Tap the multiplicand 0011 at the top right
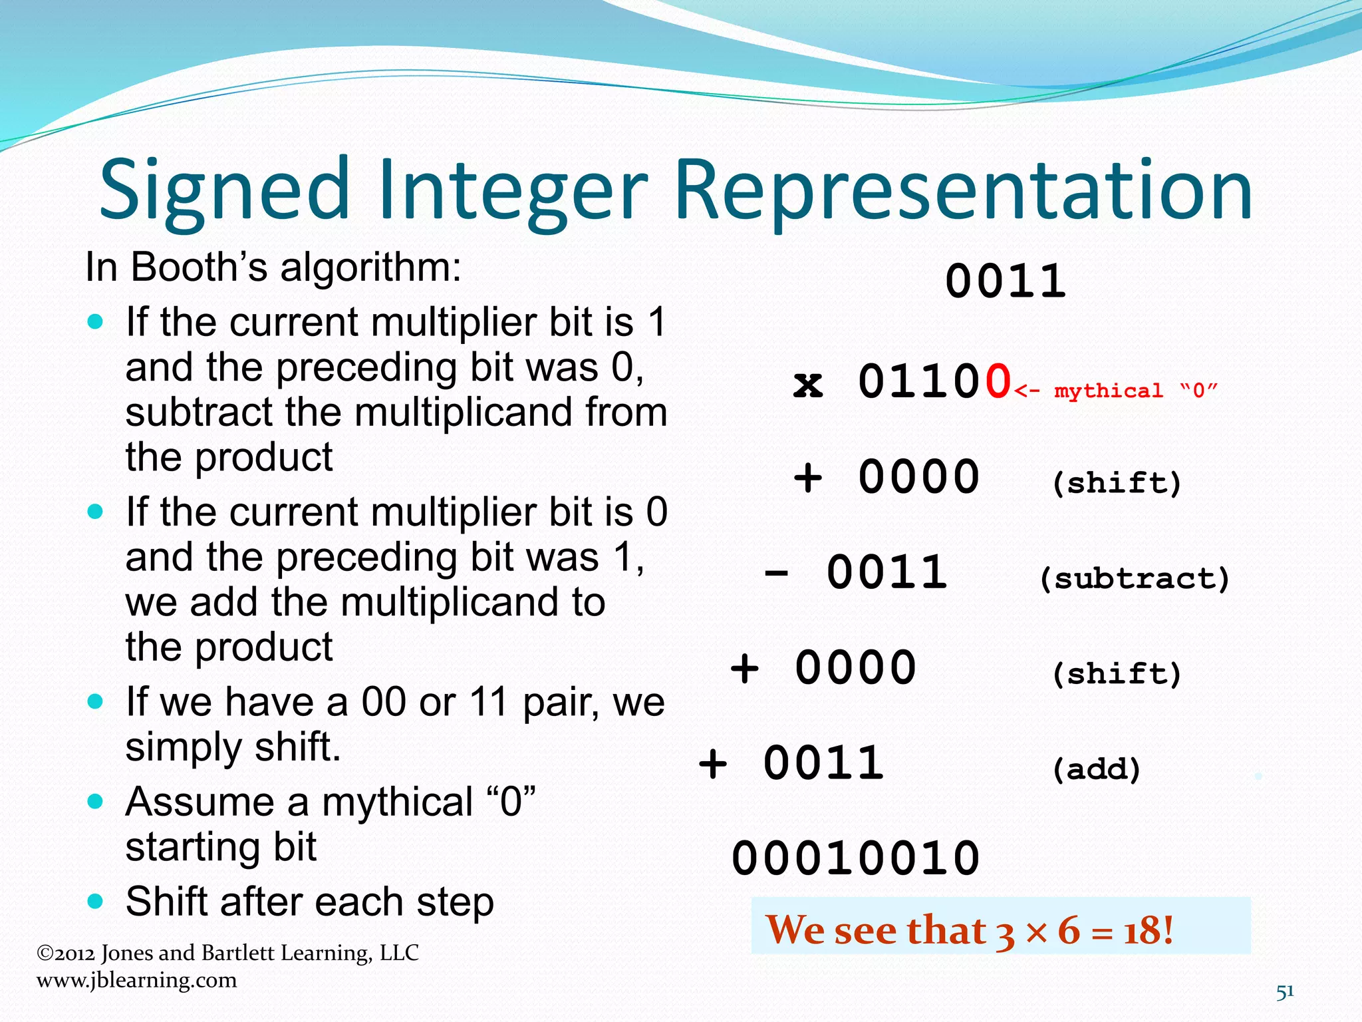point(1005,281)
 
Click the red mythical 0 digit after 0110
point(998,382)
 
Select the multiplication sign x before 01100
point(808,385)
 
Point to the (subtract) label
point(1134,578)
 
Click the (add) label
point(1097,769)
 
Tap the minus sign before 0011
point(776,573)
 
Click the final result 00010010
point(856,858)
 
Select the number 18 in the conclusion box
point(1137,930)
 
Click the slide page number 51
point(1285,991)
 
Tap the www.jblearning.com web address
point(136,980)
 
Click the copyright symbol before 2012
point(45,953)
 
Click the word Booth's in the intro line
point(199,267)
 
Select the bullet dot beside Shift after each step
point(96,902)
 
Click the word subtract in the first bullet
point(198,413)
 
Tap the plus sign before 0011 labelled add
point(713,763)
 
